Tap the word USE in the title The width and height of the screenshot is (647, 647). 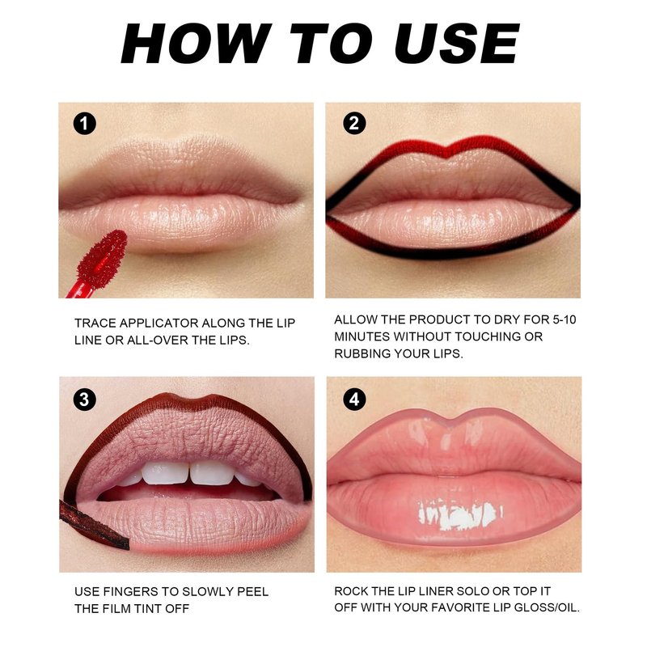(457, 43)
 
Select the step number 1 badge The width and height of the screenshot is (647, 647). (85, 124)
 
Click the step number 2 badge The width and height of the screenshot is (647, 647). (354, 124)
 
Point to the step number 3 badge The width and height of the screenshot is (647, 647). (85, 400)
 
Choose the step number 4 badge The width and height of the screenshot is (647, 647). (354, 400)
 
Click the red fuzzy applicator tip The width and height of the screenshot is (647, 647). (102, 259)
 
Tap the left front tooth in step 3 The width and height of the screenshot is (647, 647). (165, 473)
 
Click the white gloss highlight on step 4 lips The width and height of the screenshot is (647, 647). (459, 514)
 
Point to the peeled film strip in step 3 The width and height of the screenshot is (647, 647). (93, 525)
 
